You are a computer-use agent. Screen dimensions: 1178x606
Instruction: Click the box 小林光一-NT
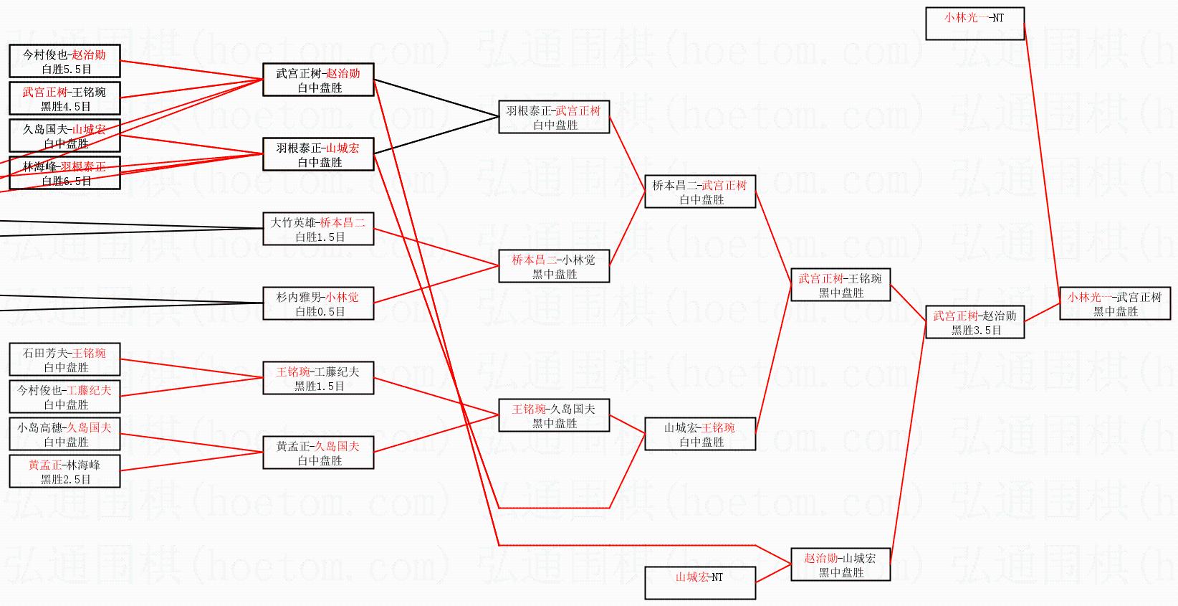[x=975, y=24]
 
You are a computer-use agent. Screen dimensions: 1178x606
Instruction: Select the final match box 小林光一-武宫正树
[x=1115, y=303]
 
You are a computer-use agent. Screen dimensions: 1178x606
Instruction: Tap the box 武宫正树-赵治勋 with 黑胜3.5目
[x=975, y=322]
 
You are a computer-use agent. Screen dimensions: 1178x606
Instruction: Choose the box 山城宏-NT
[x=700, y=582]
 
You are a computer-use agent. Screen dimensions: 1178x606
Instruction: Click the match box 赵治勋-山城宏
[x=840, y=564]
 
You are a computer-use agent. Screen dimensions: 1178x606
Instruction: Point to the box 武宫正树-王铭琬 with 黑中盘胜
[x=840, y=285]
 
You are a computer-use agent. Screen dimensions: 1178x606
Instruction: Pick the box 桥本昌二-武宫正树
[x=700, y=191]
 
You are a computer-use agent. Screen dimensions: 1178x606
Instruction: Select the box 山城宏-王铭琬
[x=700, y=434]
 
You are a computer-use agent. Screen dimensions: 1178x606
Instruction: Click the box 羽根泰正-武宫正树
[x=554, y=117]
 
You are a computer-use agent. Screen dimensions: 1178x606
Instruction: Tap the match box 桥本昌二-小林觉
[x=554, y=266]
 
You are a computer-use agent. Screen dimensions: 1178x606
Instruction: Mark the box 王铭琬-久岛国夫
[x=554, y=415]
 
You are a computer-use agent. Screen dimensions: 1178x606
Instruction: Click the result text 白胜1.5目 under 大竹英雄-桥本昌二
[x=320, y=237]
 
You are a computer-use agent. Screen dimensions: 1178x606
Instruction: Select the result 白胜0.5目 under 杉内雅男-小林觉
[x=320, y=312]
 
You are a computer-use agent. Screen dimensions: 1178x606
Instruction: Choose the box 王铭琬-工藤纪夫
[x=318, y=378]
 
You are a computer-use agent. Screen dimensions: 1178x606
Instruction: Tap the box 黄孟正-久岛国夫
[x=318, y=453]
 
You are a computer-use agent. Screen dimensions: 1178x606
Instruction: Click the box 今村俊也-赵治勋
[x=64, y=61]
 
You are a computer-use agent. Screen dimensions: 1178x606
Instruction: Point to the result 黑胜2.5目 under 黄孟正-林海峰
[x=65, y=480]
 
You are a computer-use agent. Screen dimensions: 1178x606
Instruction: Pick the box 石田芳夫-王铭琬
[x=64, y=359]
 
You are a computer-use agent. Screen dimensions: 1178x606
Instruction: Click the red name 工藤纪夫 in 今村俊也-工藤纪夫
[x=90, y=390]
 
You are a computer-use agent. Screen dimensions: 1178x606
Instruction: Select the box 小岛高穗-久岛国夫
[x=64, y=434]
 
